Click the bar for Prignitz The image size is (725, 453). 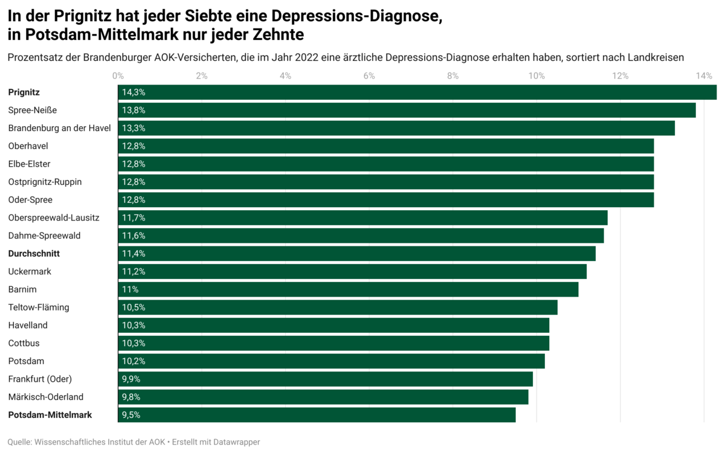point(417,92)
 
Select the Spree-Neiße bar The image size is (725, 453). point(407,111)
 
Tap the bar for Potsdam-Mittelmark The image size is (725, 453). point(317,415)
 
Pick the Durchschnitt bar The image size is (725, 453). point(356,254)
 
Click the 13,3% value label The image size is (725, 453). point(134,128)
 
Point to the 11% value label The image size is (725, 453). point(130,289)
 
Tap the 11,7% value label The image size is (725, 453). point(134,217)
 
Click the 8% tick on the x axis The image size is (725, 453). point(453,76)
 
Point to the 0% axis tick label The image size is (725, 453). point(118,76)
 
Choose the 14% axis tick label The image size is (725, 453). point(703,76)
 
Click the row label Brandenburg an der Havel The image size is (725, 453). point(60,128)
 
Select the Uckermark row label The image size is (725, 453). point(30,272)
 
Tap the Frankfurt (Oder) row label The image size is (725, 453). point(40,379)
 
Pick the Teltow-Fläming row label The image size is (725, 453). point(39,307)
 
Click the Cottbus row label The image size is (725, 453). point(25,343)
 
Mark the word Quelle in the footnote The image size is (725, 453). point(19,442)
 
